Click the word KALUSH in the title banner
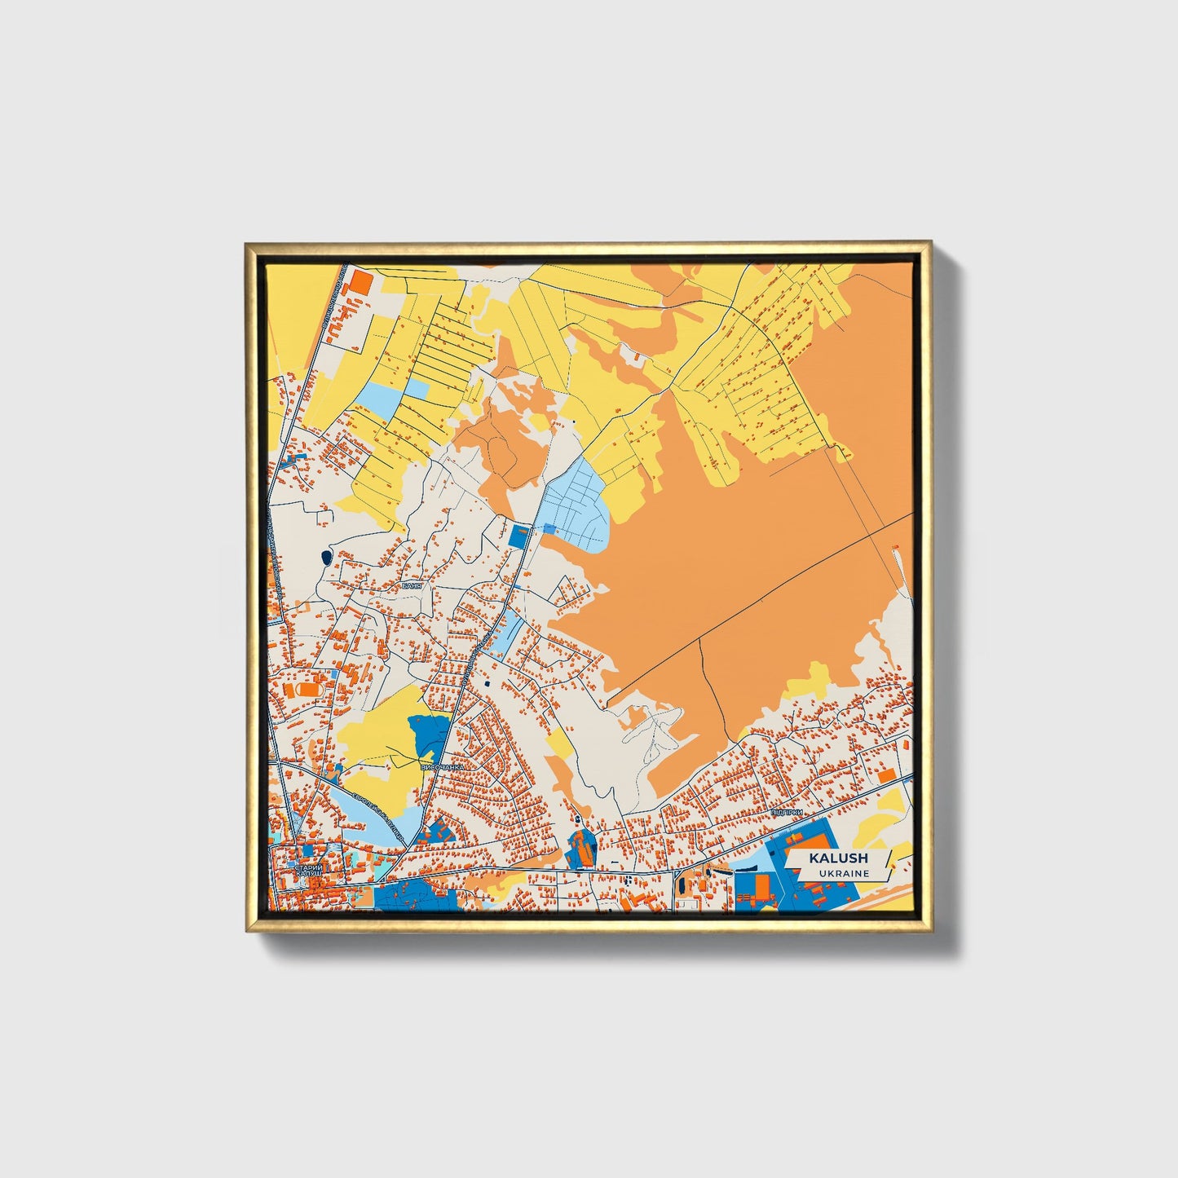[838, 858]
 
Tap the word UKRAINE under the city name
[845, 873]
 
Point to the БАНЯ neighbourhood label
[413, 585]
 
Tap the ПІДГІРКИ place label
[786, 813]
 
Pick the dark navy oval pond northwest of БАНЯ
[326, 558]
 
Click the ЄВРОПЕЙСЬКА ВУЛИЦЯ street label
[378, 807]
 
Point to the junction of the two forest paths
[700, 639]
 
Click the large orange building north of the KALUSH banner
[886, 774]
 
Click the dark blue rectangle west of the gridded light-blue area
[518, 537]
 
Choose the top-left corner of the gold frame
[248, 244]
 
